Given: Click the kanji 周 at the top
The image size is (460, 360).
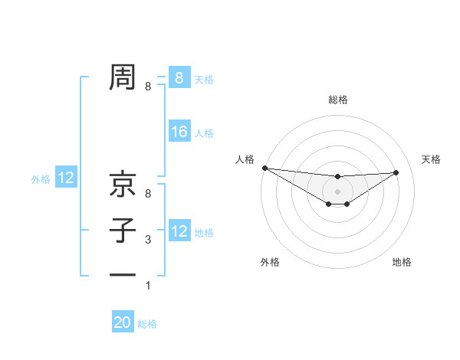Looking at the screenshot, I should pyautogui.click(x=123, y=77).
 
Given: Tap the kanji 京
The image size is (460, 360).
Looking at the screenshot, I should pyautogui.click(x=123, y=185).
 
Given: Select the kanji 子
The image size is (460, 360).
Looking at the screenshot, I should pyautogui.click(x=123, y=231).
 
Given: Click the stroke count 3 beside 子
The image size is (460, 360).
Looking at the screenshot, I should pyautogui.click(x=148, y=240).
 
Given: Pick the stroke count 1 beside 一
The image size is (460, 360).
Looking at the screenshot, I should pyautogui.click(x=148, y=286).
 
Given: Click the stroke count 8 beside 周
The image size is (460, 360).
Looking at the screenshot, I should pyautogui.click(x=148, y=87).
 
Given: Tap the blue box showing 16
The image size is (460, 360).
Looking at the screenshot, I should pyautogui.click(x=179, y=132).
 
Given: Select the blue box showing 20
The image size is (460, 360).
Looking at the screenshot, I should pyautogui.click(x=123, y=322).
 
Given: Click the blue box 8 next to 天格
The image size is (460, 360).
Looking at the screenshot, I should pyautogui.click(x=179, y=77).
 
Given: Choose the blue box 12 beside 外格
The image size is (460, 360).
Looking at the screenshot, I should pyautogui.click(x=66, y=178).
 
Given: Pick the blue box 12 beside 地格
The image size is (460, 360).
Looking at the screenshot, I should pyautogui.click(x=179, y=231).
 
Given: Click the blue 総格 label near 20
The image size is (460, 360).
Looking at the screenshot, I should pyautogui.click(x=147, y=324).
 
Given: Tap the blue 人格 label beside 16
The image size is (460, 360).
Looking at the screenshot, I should pyautogui.click(x=204, y=133).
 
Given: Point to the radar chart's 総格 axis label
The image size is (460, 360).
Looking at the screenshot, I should pyautogui.click(x=337, y=100).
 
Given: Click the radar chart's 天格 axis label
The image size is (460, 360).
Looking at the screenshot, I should pyautogui.click(x=431, y=159).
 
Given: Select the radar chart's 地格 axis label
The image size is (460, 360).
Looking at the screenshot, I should pyautogui.click(x=402, y=262).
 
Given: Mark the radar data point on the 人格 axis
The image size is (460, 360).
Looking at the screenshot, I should pyautogui.click(x=264, y=168).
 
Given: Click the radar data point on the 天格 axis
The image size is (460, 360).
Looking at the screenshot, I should pyautogui.click(x=396, y=172).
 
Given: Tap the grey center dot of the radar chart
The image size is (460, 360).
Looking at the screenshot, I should pyautogui.click(x=337, y=191).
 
